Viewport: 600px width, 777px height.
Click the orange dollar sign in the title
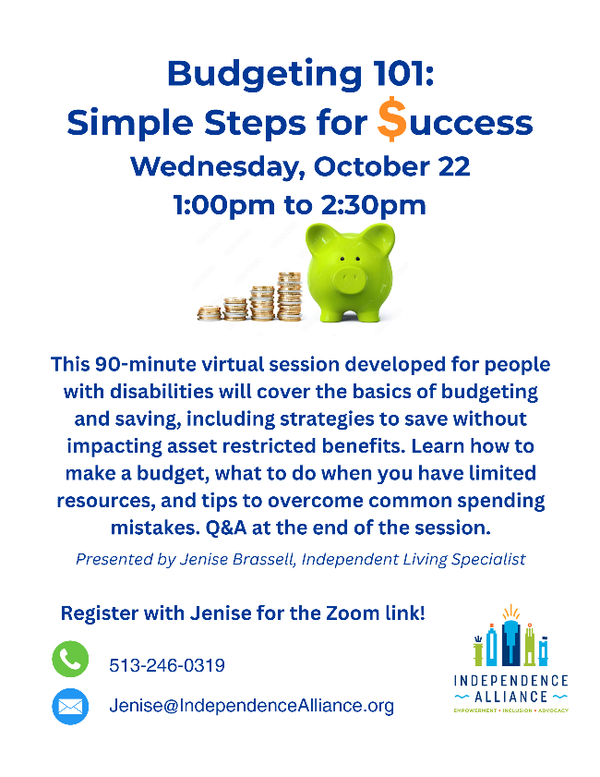coord(391,119)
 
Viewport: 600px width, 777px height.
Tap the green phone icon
coord(70,659)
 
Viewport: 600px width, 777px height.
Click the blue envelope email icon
coord(70,706)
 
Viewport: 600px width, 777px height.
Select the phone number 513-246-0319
coord(167,665)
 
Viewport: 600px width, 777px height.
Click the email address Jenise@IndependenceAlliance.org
coord(251,706)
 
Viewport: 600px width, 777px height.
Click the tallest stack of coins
coord(289,296)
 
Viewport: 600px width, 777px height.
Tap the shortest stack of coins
coord(210,313)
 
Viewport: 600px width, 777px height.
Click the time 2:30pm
coord(373,205)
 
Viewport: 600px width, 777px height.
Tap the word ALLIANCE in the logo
coord(510,697)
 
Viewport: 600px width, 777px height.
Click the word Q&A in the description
coord(226,528)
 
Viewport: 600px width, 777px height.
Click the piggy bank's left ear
coord(318,237)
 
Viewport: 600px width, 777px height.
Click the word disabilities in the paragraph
coord(162,392)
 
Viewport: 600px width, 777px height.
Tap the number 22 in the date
coord(454,166)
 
